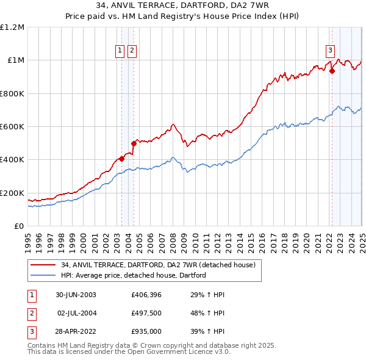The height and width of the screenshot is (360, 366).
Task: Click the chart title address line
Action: pos(182,5)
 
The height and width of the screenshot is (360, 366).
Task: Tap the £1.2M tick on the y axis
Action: pos(12,27)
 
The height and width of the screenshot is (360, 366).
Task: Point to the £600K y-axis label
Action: pos(12,127)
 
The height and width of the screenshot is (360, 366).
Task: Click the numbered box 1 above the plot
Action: pos(120,51)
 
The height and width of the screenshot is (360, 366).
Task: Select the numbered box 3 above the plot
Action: pos(330,51)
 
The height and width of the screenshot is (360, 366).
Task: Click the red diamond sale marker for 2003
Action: pos(122,159)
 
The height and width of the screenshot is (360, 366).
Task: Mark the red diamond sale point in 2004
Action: pos(134,144)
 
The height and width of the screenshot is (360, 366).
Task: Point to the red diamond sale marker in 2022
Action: pos(332,71)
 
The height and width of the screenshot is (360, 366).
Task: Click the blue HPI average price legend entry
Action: pos(134,275)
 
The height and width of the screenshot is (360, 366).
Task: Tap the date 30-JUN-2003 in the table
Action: pos(76,295)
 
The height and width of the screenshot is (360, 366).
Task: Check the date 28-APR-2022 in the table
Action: pos(76,332)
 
